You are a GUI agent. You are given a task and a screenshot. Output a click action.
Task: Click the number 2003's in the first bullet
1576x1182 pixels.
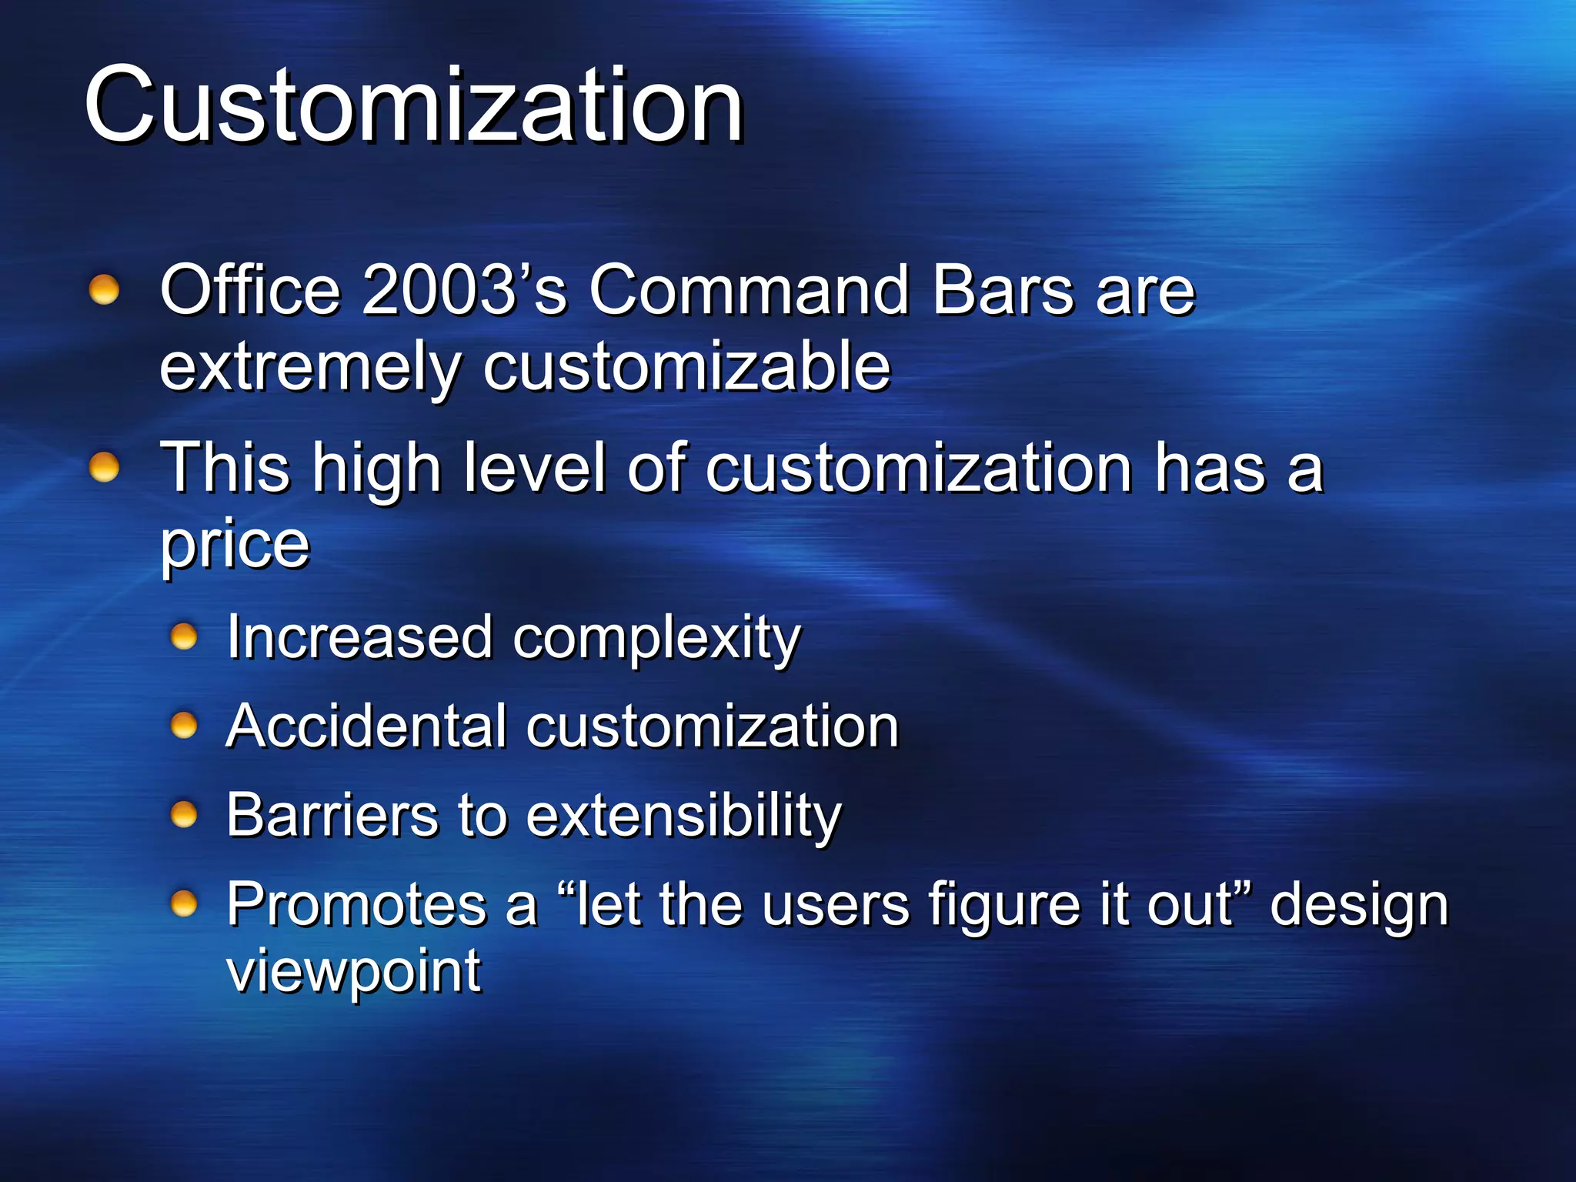click(x=464, y=290)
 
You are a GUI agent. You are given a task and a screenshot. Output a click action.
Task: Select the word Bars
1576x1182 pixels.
click(x=1002, y=290)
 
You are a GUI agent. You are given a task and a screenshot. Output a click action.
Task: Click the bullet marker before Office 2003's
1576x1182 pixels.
click(x=104, y=291)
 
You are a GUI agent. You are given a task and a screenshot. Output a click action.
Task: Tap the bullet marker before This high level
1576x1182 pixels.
click(x=104, y=467)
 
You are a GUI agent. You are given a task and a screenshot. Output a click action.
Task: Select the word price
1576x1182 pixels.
click(x=235, y=545)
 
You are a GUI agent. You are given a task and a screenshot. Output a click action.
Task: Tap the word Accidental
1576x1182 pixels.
click(x=367, y=726)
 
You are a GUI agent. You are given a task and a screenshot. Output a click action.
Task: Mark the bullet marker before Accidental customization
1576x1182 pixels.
click(x=184, y=725)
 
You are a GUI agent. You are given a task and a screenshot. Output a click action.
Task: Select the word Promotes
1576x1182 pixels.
click(x=356, y=904)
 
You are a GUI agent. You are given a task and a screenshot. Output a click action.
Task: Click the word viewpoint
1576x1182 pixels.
click(x=354, y=972)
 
